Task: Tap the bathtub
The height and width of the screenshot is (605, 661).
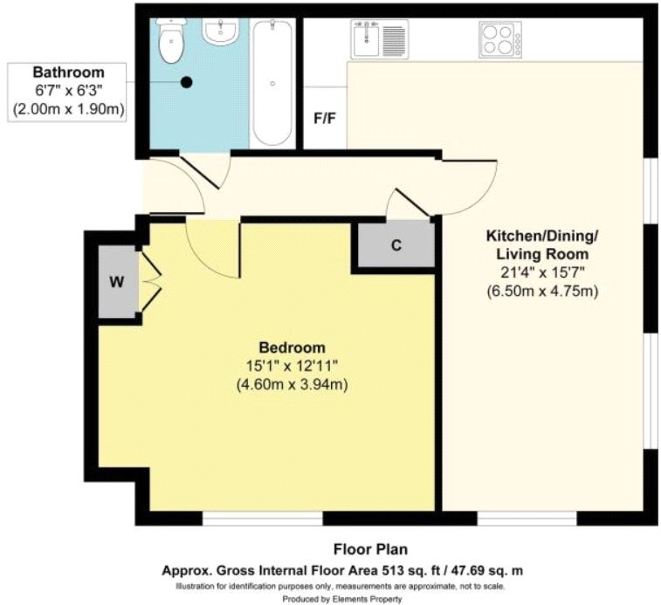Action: pos(272,84)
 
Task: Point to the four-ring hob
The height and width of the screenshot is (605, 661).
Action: pos(500,39)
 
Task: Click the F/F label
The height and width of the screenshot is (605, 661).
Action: pos(325,117)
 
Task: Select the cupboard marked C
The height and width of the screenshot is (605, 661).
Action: pos(395,245)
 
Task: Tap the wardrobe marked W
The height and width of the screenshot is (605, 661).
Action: pos(117,283)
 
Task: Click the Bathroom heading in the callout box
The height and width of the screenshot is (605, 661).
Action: pos(68,72)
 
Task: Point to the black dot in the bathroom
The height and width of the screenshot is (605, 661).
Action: pos(186,83)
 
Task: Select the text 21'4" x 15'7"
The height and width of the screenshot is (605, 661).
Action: pos(541,273)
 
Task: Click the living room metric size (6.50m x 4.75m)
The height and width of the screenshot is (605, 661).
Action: pos(541,292)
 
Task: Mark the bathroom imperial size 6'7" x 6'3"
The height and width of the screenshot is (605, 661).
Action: pos(68,91)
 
